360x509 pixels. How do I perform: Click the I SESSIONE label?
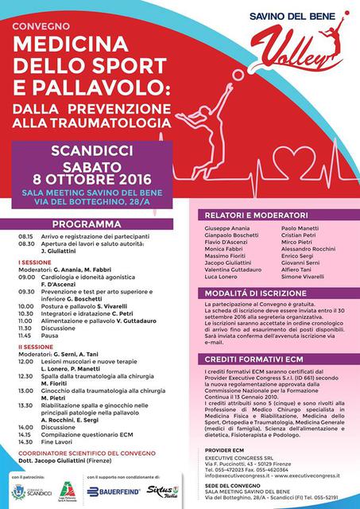point(31,260)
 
